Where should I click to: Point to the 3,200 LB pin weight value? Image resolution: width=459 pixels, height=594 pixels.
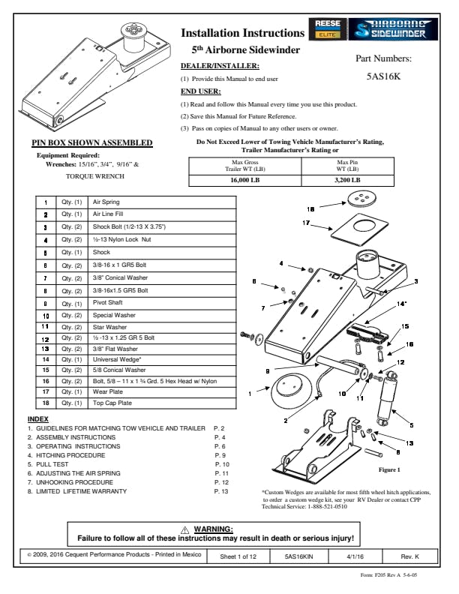click(x=346, y=180)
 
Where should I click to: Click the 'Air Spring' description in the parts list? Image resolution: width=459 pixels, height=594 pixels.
click(x=106, y=202)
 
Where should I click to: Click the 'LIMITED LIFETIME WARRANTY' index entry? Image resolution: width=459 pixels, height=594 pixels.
click(x=82, y=491)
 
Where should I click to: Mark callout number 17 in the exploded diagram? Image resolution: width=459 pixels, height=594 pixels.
click(x=306, y=223)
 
